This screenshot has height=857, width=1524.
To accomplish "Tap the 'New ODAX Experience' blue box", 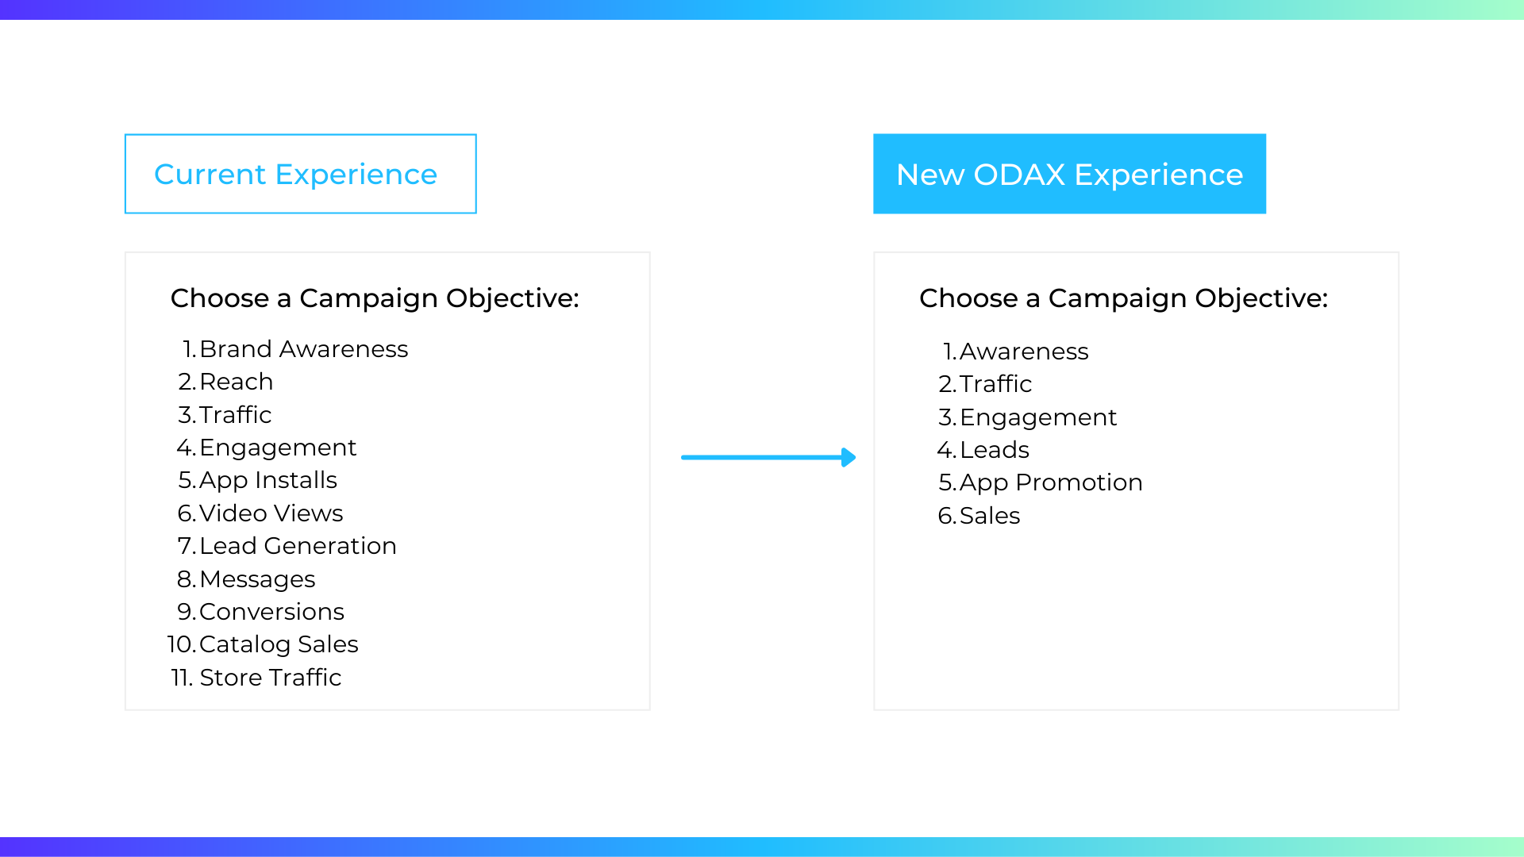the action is [x=1069, y=174].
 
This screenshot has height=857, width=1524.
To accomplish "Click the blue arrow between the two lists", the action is [x=768, y=457].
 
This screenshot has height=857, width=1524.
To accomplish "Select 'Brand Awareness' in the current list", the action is [x=303, y=349].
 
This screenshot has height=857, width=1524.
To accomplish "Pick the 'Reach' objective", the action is [x=236, y=382].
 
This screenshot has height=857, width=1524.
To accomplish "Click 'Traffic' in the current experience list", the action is [x=235, y=415].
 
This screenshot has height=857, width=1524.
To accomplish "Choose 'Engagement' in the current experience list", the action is [x=278, y=448].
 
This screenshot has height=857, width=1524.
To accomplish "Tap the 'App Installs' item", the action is [x=268, y=481].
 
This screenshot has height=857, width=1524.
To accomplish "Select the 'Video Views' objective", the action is [x=271, y=513].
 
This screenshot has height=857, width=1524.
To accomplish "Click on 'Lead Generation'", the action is [x=298, y=546].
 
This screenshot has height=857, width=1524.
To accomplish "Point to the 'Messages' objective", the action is [x=257, y=579].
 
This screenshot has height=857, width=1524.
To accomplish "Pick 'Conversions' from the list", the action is [x=271, y=612].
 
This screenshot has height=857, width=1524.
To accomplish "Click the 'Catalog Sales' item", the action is [x=279, y=644].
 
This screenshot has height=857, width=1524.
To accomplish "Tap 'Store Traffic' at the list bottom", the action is [x=270, y=678].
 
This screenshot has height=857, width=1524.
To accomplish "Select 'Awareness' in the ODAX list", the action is [x=1024, y=352].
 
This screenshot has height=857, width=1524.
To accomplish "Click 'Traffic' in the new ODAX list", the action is [x=995, y=384].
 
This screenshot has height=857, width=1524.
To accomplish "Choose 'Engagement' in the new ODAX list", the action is [x=1038, y=417].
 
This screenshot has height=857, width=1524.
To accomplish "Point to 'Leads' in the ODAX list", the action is [x=995, y=450].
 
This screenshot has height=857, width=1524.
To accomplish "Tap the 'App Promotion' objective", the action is [x=1051, y=482].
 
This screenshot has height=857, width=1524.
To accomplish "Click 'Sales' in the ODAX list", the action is [x=990, y=516].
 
